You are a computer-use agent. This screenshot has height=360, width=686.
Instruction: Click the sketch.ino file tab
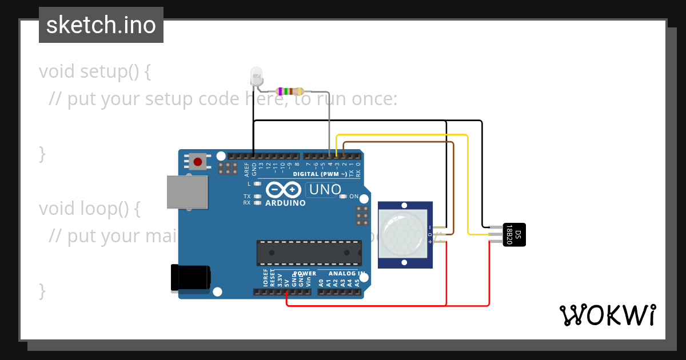[101, 25]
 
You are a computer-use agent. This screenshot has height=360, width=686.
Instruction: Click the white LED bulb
[256, 75]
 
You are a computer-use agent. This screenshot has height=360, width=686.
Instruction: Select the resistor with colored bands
[290, 91]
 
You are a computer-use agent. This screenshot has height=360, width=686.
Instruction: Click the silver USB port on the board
[187, 192]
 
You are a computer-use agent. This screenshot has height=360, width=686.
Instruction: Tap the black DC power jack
[191, 279]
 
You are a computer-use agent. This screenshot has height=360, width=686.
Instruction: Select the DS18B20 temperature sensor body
[514, 234]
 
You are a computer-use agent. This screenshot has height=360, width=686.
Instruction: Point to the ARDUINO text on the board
[285, 203]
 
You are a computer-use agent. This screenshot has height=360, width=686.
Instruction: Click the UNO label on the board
[325, 189]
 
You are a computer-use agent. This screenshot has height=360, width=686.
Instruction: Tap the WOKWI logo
[607, 315]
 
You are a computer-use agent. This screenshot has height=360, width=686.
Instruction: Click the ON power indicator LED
[343, 197]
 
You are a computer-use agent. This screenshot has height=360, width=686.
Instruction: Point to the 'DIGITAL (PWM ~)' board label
[320, 174]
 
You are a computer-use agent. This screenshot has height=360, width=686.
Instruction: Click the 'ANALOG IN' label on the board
[346, 274]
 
